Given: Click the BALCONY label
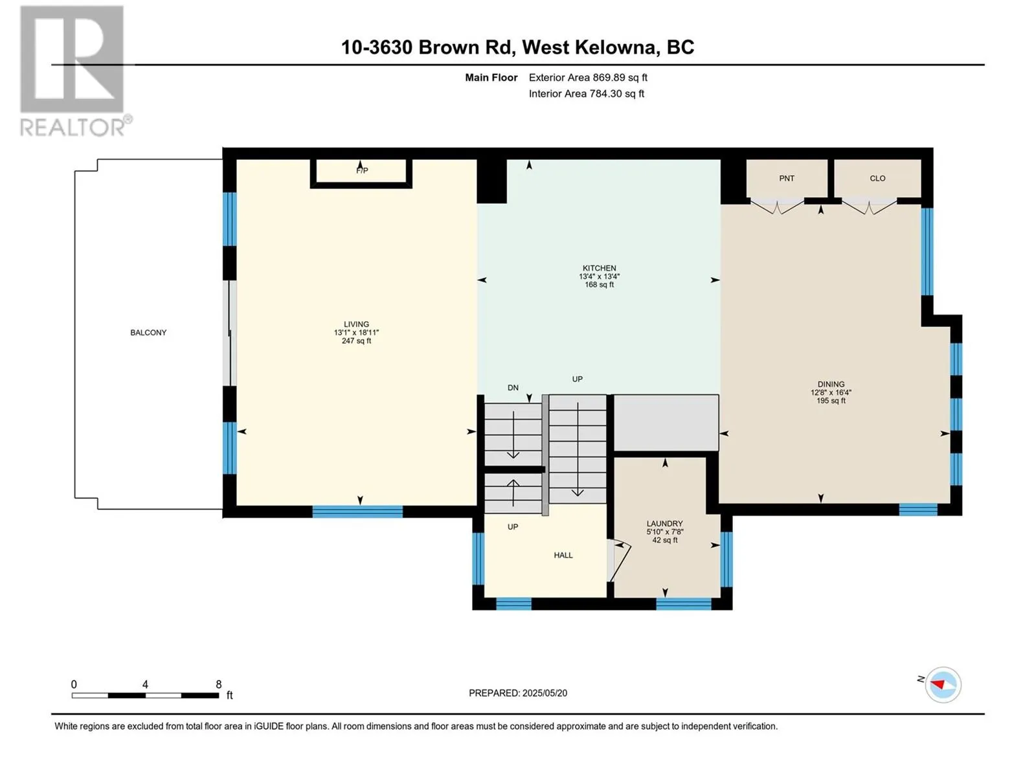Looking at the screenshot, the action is [x=148, y=333].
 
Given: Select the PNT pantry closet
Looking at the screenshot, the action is [x=787, y=178].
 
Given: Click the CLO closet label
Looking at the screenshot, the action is [x=877, y=178].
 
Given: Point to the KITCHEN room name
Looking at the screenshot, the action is [x=600, y=268].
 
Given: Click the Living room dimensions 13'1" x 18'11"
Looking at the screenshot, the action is [x=356, y=333].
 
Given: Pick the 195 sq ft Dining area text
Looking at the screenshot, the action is [x=831, y=401].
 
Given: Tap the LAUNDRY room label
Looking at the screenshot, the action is [x=664, y=523].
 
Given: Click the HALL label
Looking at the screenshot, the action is [x=563, y=556].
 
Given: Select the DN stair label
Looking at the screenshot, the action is [x=513, y=388].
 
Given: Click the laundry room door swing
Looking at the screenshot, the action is [x=619, y=561].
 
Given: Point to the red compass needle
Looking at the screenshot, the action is [x=938, y=684].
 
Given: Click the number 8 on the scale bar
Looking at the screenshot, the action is [x=218, y=684].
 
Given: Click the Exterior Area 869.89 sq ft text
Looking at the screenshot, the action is [x=588, y=78].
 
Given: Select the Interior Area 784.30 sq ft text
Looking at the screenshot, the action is [x=586, y=94].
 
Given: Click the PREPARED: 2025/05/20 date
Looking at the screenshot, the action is [x=518, y=693].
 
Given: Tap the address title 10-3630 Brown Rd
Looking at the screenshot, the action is [x=427, y=47].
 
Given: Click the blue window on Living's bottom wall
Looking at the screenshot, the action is [x=357, y=512].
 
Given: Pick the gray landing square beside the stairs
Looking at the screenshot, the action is [x=666, y=423].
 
